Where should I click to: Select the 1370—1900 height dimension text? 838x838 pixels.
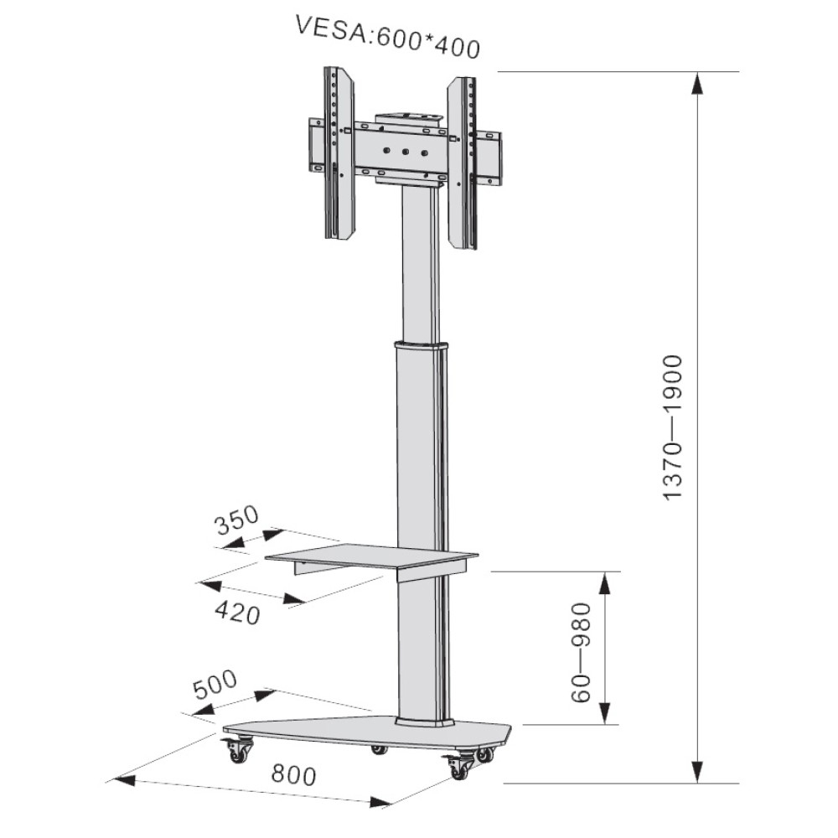click(x=674, y=428)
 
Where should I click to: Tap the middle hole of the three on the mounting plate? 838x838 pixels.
click(x=404, y=153)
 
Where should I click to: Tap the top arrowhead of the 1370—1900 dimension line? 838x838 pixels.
click(x=697, y=84)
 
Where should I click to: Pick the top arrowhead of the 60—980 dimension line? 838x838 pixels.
click(x=607, y=583)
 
